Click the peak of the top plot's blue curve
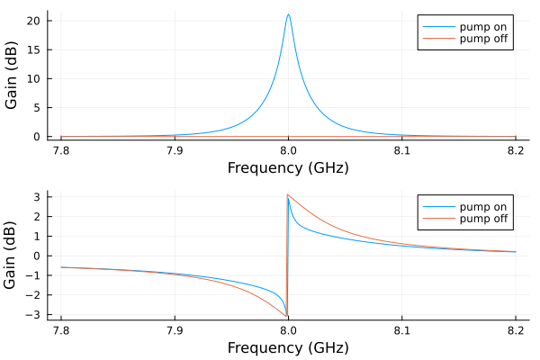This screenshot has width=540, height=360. click(x=288, y=14)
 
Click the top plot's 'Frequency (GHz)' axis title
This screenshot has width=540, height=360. click(x=288, y=167)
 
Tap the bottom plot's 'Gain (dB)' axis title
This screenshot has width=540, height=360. click(x=12, y=256)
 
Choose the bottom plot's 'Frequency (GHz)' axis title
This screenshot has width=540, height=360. click(x=288, y=347)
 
